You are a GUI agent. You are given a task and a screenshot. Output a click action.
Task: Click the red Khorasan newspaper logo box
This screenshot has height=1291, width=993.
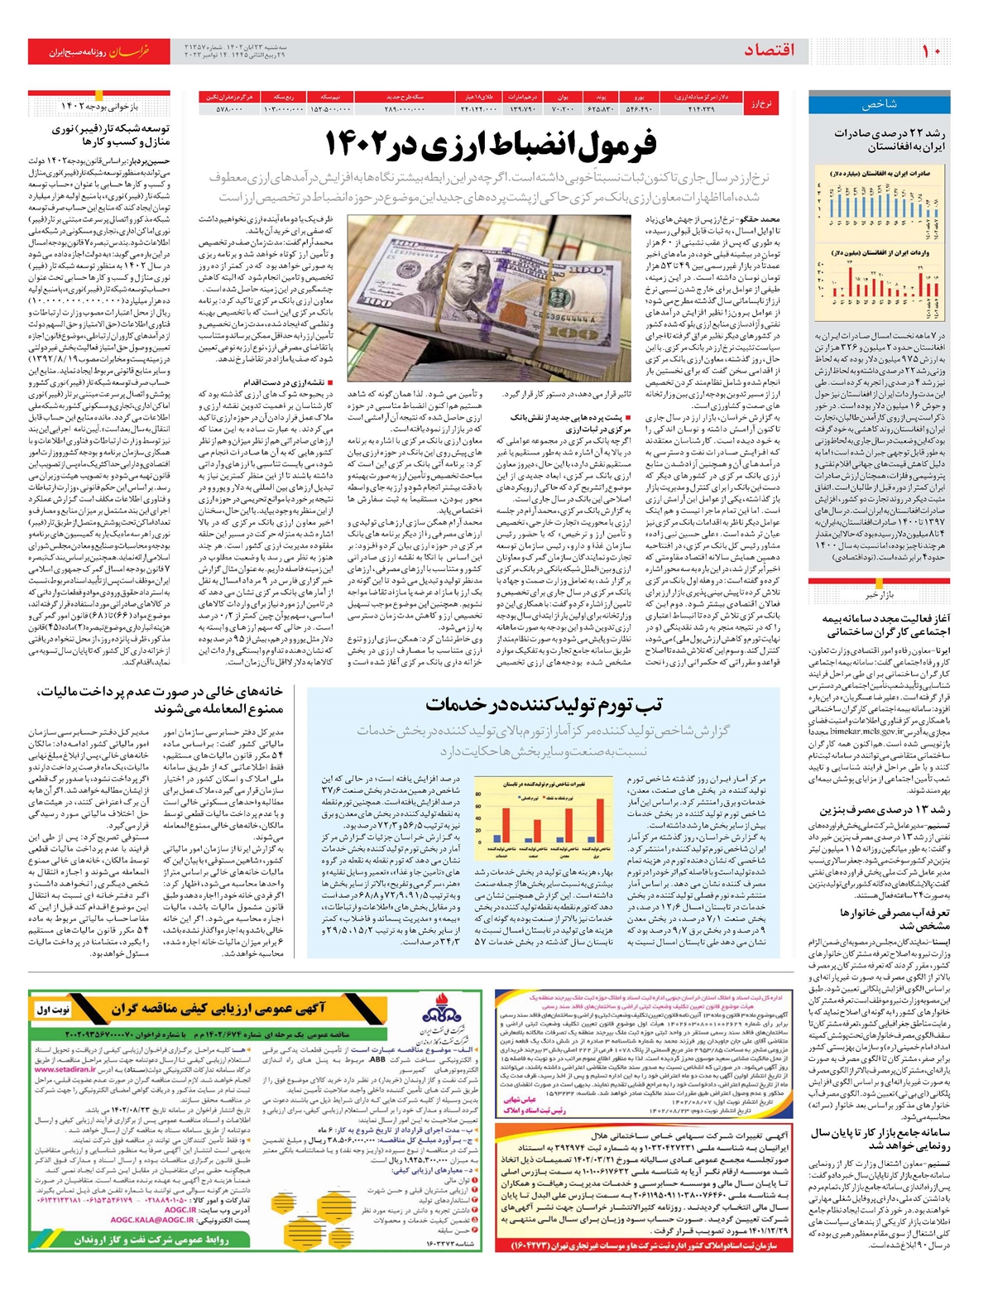click(x=99, y=51)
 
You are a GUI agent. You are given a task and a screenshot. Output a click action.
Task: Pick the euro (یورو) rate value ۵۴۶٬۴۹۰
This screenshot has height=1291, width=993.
click(x=638, y=109)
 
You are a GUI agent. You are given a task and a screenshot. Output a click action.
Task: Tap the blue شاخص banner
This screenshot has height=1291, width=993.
click(x=879, y=104)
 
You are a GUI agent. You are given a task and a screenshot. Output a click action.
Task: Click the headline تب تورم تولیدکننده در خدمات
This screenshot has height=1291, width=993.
click(x=544, y=704)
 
